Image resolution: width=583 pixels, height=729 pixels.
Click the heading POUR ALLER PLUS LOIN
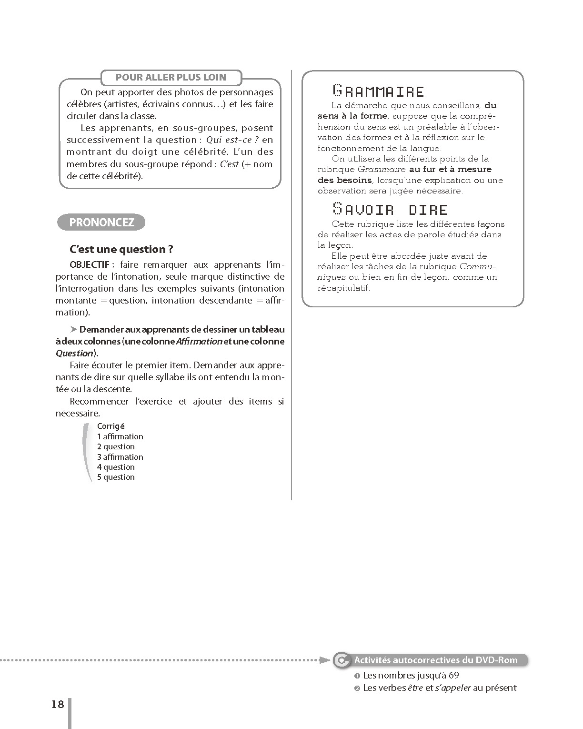[171, 77]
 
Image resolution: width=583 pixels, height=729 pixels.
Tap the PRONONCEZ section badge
[101, 223]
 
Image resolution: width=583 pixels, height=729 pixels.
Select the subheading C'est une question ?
[121, 249]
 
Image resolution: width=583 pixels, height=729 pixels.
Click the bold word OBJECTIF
[90, 265]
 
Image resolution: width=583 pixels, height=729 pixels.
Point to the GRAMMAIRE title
[378, 91]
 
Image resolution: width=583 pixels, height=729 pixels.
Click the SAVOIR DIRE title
[390, 209]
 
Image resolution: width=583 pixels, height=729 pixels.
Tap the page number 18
[58, 704]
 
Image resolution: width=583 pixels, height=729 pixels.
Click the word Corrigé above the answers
[111, 426]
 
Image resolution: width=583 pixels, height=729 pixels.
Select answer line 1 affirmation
[120, 436]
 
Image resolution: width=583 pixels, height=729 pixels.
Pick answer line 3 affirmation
[120, 457]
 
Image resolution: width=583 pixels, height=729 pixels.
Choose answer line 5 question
[116, 477]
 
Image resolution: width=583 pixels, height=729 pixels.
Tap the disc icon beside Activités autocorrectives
[341, 660]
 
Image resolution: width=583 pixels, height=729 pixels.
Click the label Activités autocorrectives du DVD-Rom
[435, 660]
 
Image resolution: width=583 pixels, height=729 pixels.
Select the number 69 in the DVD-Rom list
[453, 675]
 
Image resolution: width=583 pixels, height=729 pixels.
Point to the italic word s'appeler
[453, 688]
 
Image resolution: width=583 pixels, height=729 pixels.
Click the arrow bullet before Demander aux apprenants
[73, 329]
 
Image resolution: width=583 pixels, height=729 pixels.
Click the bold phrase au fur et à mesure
[450, 169]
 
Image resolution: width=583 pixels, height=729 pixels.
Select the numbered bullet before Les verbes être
[357, 688]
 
